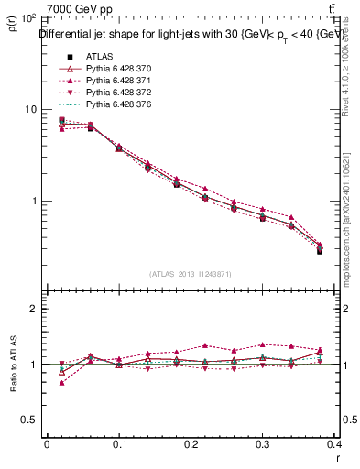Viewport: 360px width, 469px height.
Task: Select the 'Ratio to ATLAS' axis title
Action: (x=14, y=364)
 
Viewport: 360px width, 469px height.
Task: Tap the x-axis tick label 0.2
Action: (x=191, y=444)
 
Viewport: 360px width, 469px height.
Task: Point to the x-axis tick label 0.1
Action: (x=119, y=444)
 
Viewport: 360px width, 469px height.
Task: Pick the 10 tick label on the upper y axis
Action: (x=30, y=110)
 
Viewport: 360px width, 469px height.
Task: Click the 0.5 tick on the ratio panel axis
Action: (x=30, y=420)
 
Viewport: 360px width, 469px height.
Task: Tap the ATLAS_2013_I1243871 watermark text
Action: (x=191, y=273)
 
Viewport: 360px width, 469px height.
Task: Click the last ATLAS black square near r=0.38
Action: (x=320, y=250)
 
